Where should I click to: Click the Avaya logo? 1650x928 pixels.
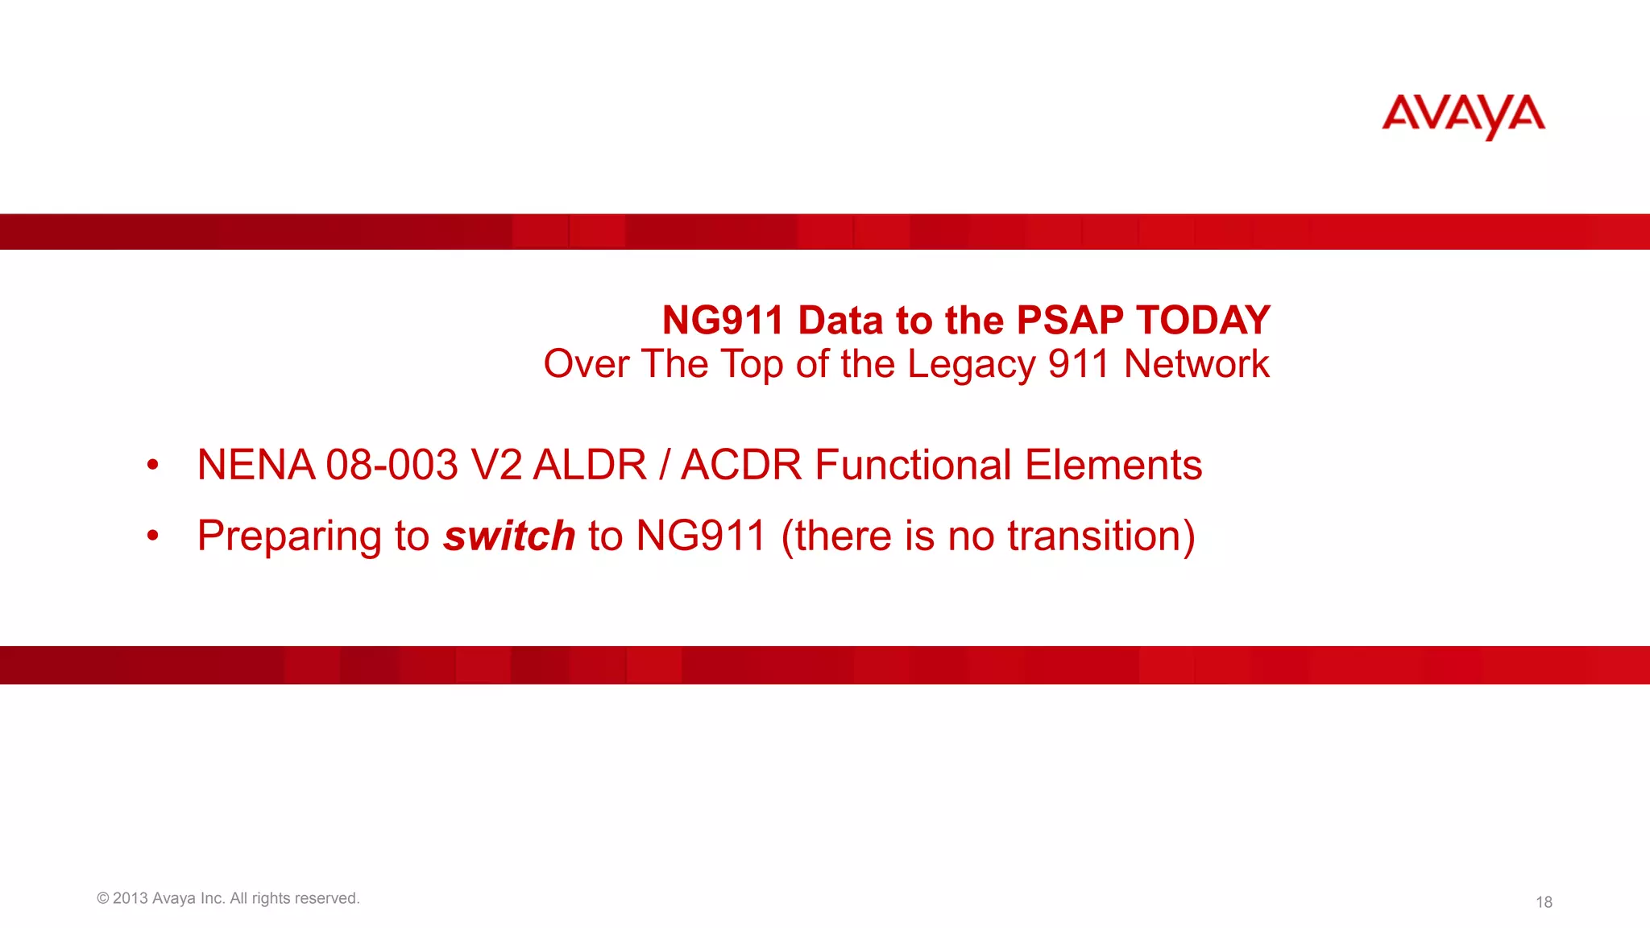[1463, 116]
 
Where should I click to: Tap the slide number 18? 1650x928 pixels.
[1544, 902]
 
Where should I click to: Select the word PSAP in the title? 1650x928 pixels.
[1070, 321]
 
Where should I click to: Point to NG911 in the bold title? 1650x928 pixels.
[723, 321]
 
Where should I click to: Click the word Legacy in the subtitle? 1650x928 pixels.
[971, 364]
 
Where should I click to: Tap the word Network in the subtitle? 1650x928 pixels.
[1196, 364]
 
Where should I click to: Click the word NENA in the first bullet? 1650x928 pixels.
[256, 466]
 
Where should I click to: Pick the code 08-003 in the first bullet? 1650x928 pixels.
[392, 466]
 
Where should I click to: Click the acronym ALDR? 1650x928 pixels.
[590, 466]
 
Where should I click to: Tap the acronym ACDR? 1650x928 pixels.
[741, 466]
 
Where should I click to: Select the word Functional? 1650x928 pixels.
[913, 466]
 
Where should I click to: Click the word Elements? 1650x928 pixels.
[1113, 466]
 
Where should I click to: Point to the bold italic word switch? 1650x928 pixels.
[509, 536]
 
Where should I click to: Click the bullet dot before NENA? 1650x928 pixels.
[153, 465]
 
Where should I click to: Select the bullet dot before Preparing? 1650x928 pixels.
[153, 536]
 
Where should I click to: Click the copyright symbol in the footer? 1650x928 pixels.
[102, 898]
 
